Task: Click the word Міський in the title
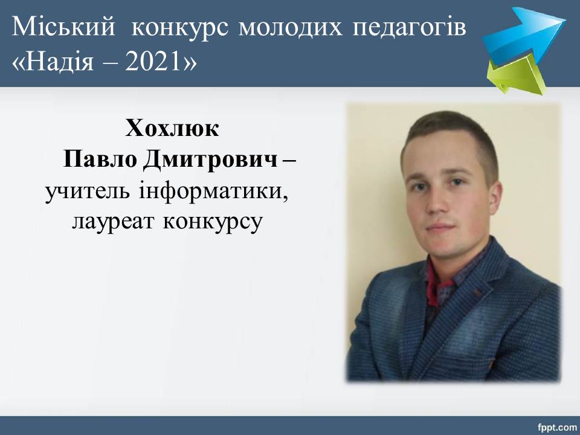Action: (63, 26)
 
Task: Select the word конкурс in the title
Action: (180, 27)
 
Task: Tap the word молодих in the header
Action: (291, 27)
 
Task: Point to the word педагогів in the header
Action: (409, 27)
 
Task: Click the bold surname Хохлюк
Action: (172, 128)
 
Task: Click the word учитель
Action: (88, 192)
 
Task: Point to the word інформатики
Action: (213, 192)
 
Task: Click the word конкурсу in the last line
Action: (213, 222)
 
